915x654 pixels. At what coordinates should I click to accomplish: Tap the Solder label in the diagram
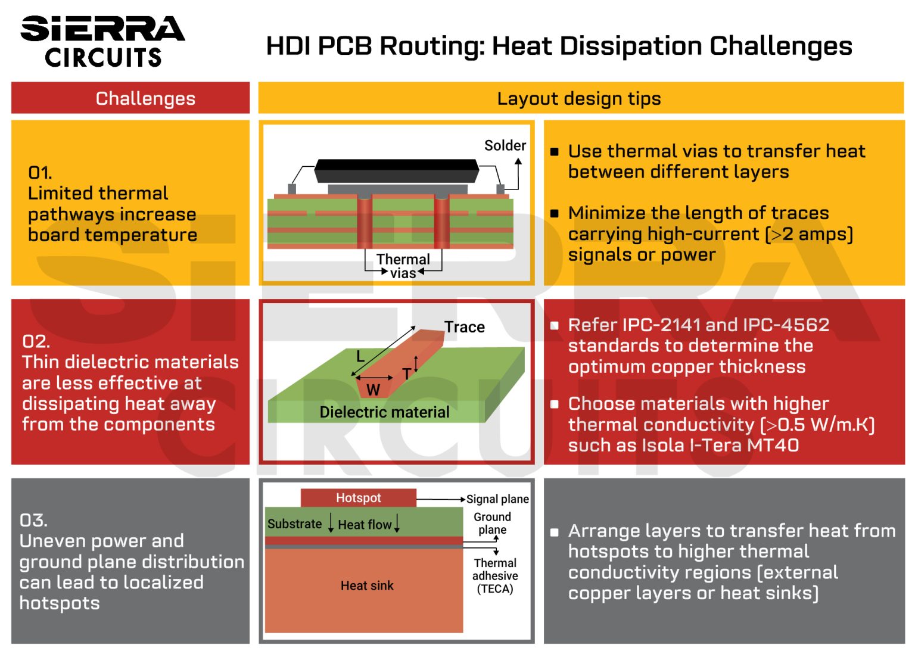[x=505, y=146]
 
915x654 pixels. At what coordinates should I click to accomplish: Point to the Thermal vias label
[x=403, y=266]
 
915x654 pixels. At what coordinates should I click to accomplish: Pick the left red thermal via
[x=364, y=222]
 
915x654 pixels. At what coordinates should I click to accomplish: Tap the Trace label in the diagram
[x=465, y=327]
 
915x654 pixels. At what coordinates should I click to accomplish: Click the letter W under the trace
[x=373, y=390]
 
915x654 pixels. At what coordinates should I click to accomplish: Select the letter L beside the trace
[x=360, y=357]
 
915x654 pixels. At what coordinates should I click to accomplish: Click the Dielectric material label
[x=384, y=412]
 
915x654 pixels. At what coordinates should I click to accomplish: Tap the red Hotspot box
[x=358, y=498]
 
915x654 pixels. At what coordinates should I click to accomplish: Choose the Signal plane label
[x=497, y=499]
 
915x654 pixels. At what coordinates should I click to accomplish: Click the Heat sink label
[x=367, y=586]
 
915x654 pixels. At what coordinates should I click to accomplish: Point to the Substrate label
[x=294, y=524]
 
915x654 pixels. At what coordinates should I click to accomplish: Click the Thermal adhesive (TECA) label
[x=495, y=576]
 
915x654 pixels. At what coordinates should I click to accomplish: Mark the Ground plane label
[x=493, y=523]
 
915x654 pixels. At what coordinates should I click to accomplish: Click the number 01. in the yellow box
[x=40, y=173]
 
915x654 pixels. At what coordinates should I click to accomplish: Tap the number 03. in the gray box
[x=33, y=520]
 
